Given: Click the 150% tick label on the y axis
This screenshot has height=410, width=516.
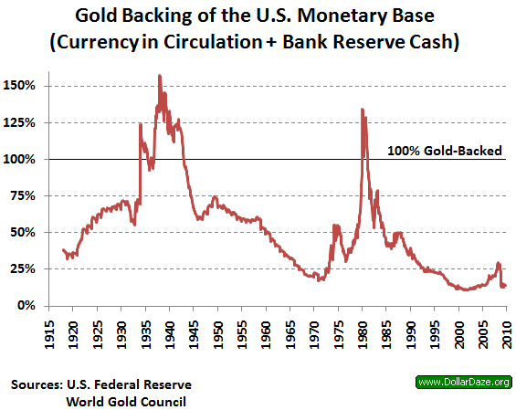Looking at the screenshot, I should pyautogui.click(x=21, y=86).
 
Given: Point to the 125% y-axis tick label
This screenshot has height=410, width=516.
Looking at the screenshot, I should pyautogui.click(x=21, y=122).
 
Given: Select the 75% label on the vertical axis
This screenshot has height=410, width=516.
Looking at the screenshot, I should pyautogui.click(x=24, y=195).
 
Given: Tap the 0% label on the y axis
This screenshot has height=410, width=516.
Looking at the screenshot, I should pyautogui.click(x=27, y=305).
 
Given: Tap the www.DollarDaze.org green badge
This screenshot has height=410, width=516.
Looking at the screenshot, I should pyautogui.click(x=462, y=382).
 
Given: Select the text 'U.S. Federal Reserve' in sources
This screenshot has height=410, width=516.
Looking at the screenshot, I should pyautogui.click(x=134, y=384).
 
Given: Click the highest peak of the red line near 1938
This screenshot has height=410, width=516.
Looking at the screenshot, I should pyautogui.click(x=160, y=77).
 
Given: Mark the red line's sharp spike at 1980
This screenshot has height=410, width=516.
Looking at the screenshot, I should pyautogui.click(x=363, y=110).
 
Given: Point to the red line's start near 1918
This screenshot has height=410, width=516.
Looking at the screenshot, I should pyautogui.click(x=62, y=250).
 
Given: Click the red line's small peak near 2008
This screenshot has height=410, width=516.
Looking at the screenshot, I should pyautogui.click(x=498, y=264).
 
